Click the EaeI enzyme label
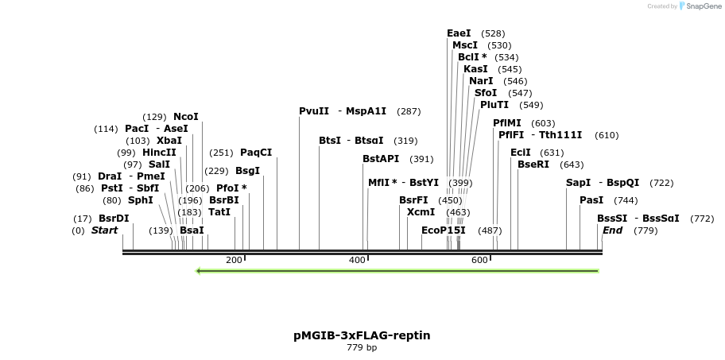coord(459,33)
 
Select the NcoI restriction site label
coord(186,117)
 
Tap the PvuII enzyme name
coord(314,111)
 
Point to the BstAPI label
coord(381,159)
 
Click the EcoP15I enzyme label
coord(444,230)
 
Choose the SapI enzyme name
coord(578,183)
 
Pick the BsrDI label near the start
coord(114,219)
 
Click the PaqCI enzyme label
coord(256,153)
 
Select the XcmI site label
coord(421,212)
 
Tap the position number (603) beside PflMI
coord(543,123)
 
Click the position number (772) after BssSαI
coord(702,219)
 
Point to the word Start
coord(104,230)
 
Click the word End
coord(612,230)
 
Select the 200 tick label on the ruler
coord(234,261)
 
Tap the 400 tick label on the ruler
coord(357,261)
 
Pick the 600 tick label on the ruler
coord(479,261)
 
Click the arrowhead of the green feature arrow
coord(199,271)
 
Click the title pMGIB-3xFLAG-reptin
coord(362,335)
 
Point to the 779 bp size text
coord(362,348)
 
